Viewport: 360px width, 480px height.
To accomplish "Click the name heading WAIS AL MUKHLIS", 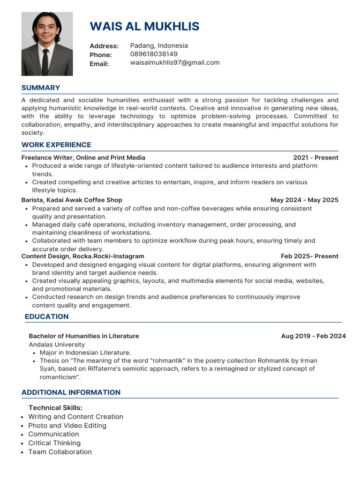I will pos(144,26).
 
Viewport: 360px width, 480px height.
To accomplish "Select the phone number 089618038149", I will pos(154,54).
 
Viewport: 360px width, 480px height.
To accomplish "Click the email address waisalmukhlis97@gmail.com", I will pos(175,62).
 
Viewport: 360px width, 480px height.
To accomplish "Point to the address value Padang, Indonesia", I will pos(159,45).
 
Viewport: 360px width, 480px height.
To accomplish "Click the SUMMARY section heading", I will pos(41,88).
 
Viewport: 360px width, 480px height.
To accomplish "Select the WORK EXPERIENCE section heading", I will pos(56,145).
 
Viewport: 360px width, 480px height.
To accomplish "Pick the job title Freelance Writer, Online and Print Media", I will pos(83,157).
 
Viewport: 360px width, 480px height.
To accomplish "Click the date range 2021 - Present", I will pos(315,157).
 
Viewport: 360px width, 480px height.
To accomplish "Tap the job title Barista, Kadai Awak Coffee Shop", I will pos(72,200).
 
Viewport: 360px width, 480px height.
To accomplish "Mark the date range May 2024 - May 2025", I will pos(304,200).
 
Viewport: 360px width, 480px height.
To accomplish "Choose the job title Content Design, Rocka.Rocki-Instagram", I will pos(83,256).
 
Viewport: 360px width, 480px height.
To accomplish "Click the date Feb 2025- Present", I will pos(309,256).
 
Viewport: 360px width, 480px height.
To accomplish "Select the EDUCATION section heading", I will pos(46,316).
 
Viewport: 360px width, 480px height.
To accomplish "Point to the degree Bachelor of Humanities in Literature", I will pos(84,336).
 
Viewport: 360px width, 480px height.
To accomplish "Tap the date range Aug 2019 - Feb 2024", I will pos(313,336).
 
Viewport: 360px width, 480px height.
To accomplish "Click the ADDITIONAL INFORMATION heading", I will pos(71,392).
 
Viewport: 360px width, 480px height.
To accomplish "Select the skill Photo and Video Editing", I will pos(67,426).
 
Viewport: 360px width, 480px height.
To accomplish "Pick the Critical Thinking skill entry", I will pos(54,443).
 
